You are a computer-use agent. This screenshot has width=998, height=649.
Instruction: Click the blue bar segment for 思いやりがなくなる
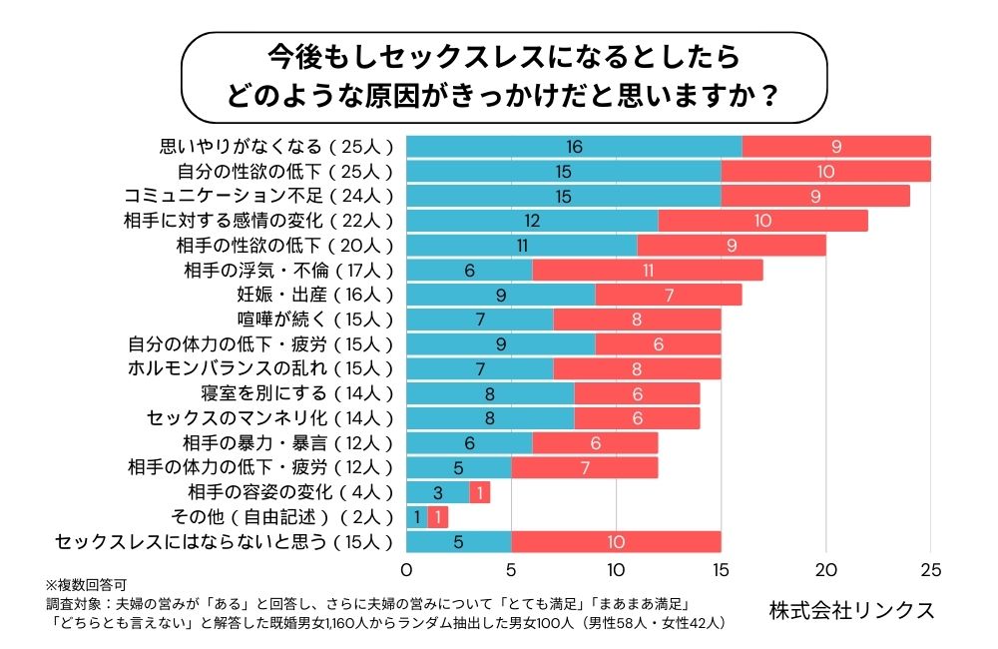tap(574, 147)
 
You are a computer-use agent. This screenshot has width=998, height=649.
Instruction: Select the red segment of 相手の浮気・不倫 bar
tap(648, 270)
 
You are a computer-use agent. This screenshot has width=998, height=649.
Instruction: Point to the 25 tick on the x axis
tap(930, 570)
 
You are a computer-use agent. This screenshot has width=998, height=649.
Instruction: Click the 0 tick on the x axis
tap(406, 570)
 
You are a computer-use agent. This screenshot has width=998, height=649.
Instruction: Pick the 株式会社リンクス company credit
tap(852, 609)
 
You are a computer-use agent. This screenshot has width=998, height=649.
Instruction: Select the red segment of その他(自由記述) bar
tap(438, 517)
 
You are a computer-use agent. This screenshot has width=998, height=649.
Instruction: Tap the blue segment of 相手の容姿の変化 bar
tap(437, 492)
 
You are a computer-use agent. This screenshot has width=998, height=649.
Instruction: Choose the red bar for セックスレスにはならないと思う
tap(616, 542)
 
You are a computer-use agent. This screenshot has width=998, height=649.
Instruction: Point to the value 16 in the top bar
tap(574, 147)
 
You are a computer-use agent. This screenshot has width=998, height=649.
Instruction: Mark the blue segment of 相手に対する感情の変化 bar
tap(532, 221)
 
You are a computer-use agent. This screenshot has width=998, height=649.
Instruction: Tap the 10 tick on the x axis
tap(616, 570)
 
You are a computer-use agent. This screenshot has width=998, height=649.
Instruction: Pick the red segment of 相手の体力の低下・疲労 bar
tap(585, 467)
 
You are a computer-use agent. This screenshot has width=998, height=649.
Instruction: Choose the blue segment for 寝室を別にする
tap(490, 393)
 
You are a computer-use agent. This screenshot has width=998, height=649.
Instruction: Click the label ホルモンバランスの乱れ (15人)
tap(261, 368)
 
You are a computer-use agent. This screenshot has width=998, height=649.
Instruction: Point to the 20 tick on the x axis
tap(825, 570)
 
